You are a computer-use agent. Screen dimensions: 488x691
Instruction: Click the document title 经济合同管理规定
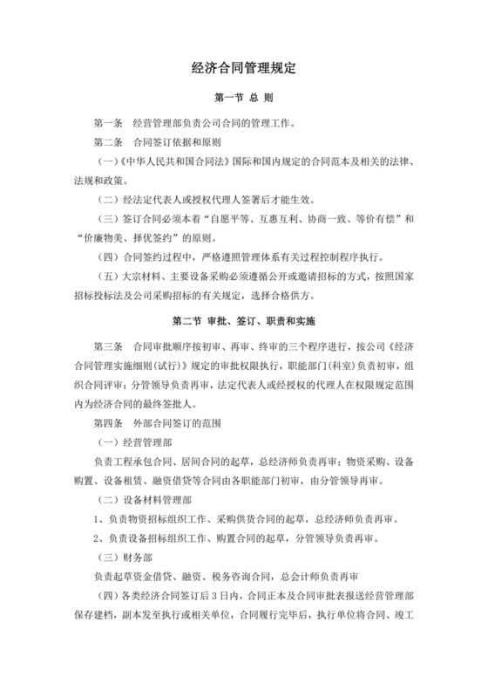click(244, 66)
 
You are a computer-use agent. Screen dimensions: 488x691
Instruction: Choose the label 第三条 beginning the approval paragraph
click(109, 341)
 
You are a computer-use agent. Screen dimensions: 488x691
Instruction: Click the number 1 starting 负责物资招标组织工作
click(97, 520)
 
